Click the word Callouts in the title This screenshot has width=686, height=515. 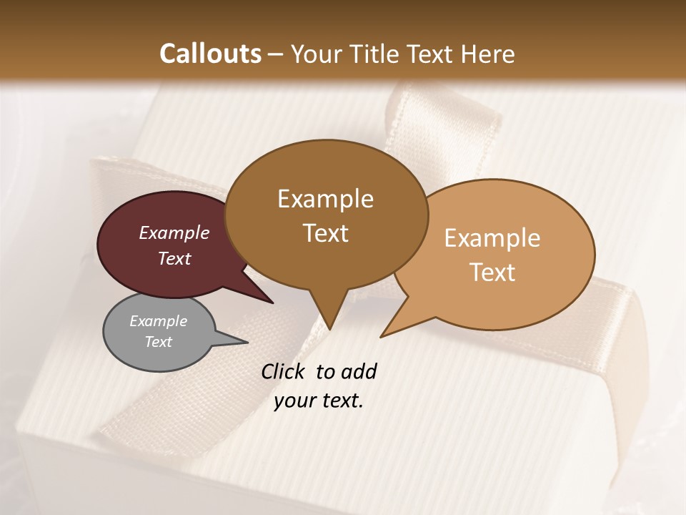(210, 54)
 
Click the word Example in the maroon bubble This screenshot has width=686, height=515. (174, 233)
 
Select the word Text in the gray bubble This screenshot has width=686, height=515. (159, 342)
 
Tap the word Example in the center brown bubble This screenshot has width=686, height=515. (325, 199)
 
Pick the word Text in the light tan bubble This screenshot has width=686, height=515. (492, 273)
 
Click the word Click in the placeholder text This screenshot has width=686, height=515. (284, 371)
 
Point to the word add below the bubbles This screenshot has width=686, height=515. (358, 371)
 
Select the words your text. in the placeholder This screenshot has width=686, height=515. (319, 401)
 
